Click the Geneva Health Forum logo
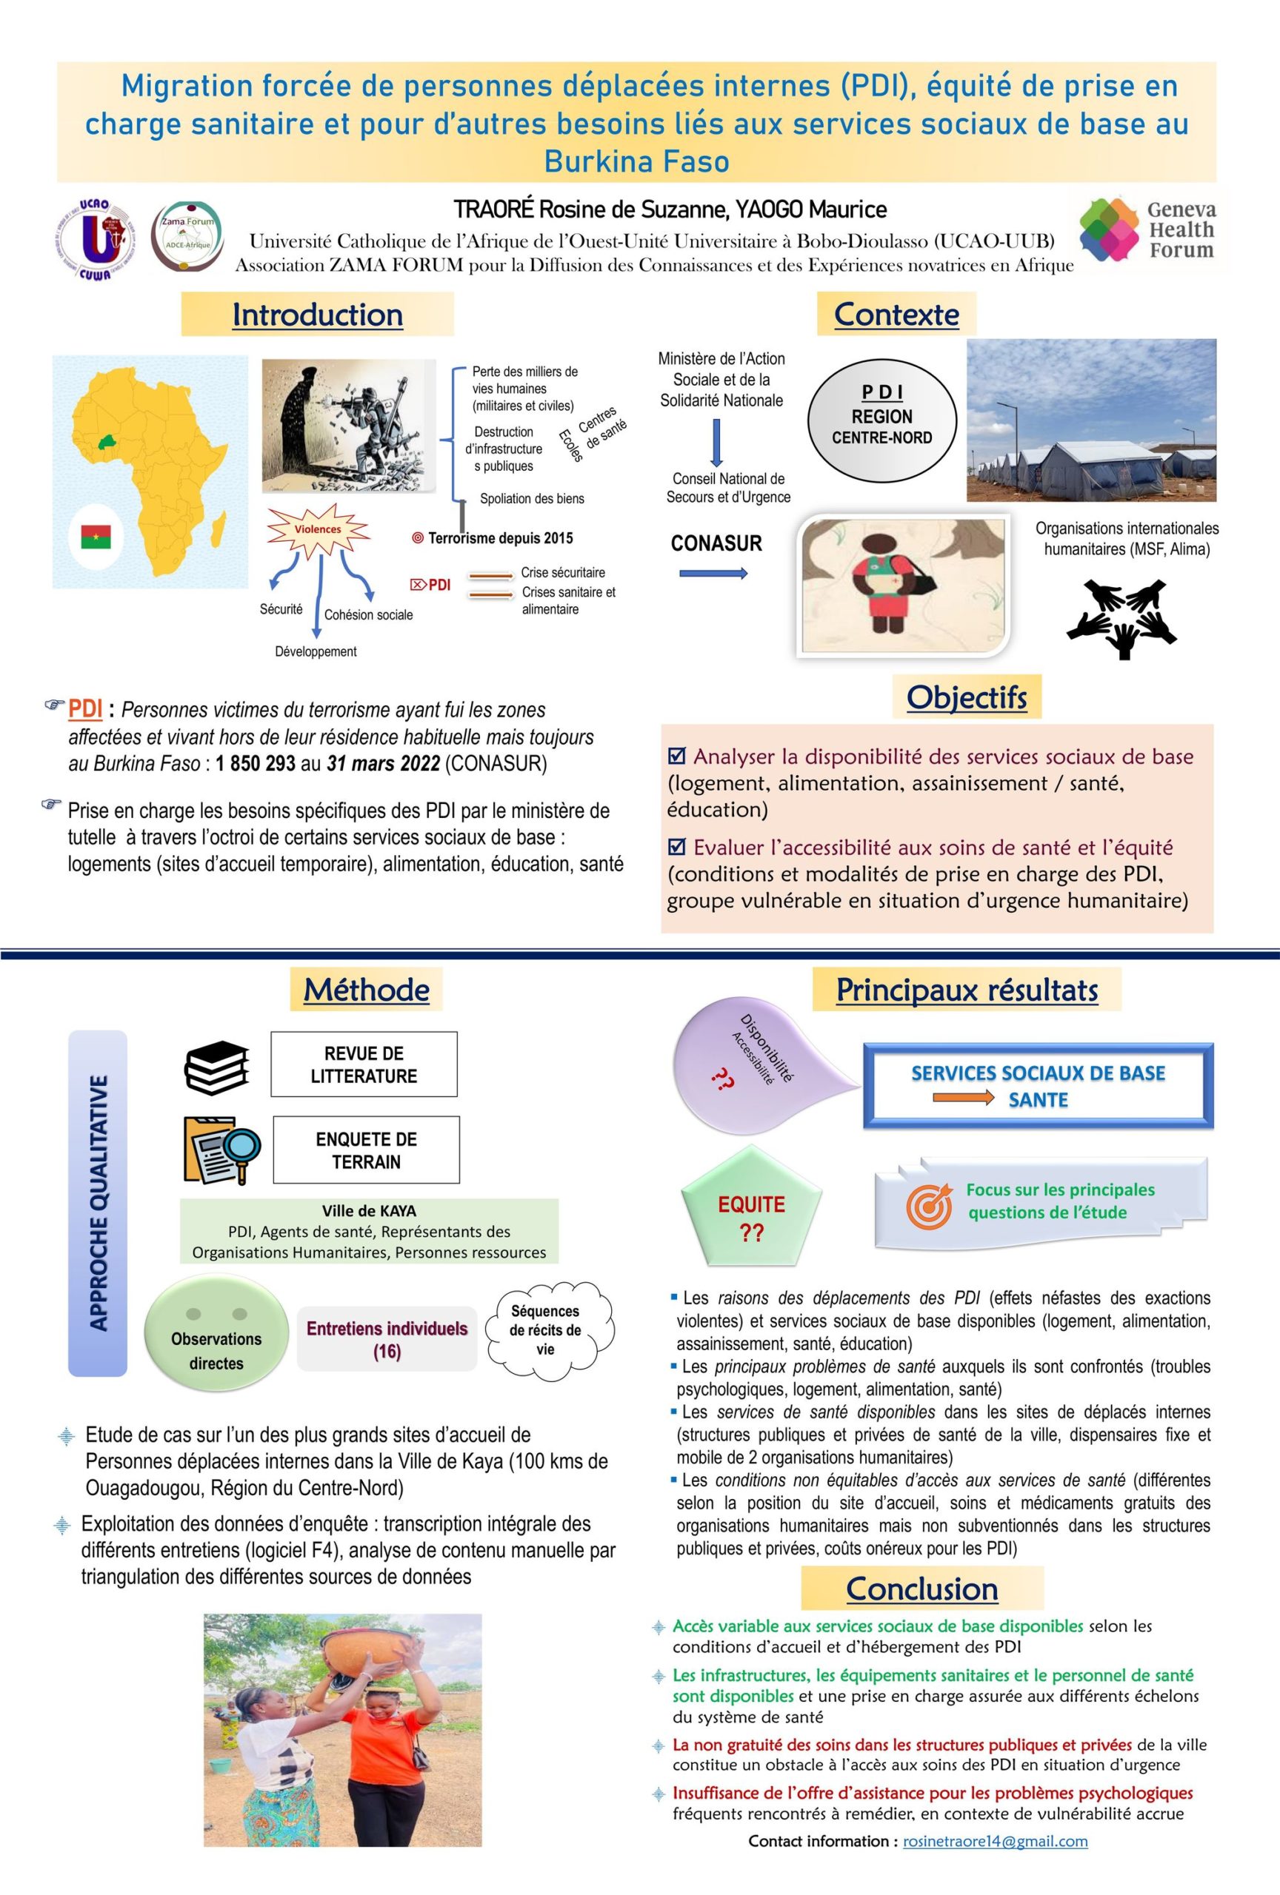click(x=1146, y=229)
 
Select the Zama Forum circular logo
click(x=187, y=238)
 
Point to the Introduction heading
click(x=317, y=315)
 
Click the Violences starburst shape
click(x=319, y=529)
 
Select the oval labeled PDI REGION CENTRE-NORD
click(x=882, y=416)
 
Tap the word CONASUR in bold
click(x=716, y=544)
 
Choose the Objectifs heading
click(x=967, y=697)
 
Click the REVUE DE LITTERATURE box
click(x=364, y=1064)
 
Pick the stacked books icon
click(x=216, y=1067)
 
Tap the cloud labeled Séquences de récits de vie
click(x=546, y=1331)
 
